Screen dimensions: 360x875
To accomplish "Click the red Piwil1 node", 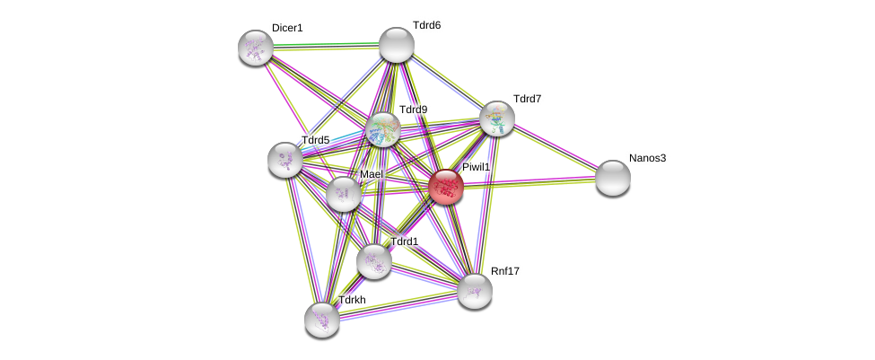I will [445, 187].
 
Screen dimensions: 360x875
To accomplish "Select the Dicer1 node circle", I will [256, 48].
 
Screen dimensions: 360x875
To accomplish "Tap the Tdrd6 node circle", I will [396, 45].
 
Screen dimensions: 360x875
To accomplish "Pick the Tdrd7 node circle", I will [496, 119].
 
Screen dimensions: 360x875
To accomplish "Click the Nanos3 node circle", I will [613, 178].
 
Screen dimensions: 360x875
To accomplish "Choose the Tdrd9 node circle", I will [383, 130].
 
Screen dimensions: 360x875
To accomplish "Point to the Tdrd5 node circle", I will [285, 160].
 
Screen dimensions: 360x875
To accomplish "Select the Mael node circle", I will [344, 194].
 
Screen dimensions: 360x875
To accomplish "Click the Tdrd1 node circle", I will [374, 261].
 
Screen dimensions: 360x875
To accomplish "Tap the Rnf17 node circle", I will [475, 290].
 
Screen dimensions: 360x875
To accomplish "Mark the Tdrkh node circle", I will [322, 319].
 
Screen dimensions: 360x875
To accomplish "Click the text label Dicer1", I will [287, 28].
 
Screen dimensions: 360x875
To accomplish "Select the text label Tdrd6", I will [426, 25].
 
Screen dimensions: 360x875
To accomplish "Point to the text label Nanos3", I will [647, 158].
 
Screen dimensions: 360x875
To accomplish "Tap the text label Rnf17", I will [504, 270].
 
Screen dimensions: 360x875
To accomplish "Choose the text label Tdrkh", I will [352, 300].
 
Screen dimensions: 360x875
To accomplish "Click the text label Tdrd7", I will [527, 98].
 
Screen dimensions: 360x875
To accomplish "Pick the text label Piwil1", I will [476, 167].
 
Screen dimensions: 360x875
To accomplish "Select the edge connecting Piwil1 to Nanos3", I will [529, 182].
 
